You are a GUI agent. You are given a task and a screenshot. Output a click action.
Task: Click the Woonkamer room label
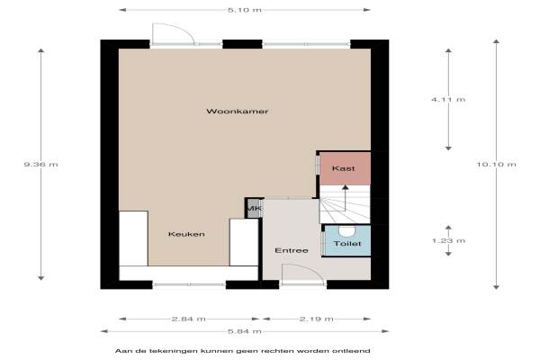click(x=238, y=112)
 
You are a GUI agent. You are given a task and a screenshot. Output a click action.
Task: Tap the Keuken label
click(x=186, y=234)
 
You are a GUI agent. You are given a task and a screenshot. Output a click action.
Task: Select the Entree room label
click(x=292, y=250)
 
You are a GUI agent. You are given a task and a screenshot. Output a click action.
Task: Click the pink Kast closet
click(x=345, y=169)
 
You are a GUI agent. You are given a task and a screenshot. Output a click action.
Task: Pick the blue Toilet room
click(x=347, y=240)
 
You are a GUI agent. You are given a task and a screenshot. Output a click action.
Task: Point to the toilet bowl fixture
click(x=346, y=230)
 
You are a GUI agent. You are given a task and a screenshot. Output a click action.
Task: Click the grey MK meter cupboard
click(x=254, y=209)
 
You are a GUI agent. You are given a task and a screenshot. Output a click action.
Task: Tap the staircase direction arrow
click(x=345, y=198)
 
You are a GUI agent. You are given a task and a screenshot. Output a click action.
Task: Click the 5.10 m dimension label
click(x=245, y=10)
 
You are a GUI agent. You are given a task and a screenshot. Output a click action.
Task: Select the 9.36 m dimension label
click(x=41, y=165)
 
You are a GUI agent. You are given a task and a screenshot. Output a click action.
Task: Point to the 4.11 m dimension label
click(x=448, y=100)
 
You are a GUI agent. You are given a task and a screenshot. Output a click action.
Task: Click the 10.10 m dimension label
click(x=496, y=165)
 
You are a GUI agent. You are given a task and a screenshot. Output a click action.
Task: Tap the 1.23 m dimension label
click(x=448, y=241)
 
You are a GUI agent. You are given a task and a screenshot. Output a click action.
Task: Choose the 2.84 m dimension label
click(x=189, y=319)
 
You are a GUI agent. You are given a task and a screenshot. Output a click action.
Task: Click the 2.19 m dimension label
click(x=317, y=319)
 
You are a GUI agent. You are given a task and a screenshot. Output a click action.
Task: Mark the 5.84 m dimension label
click(x=245, y=331)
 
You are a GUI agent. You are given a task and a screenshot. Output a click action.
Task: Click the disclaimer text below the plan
click(x=242, y=351)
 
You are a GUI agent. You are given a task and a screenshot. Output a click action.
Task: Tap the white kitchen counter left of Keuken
click(x=133, y=238)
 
